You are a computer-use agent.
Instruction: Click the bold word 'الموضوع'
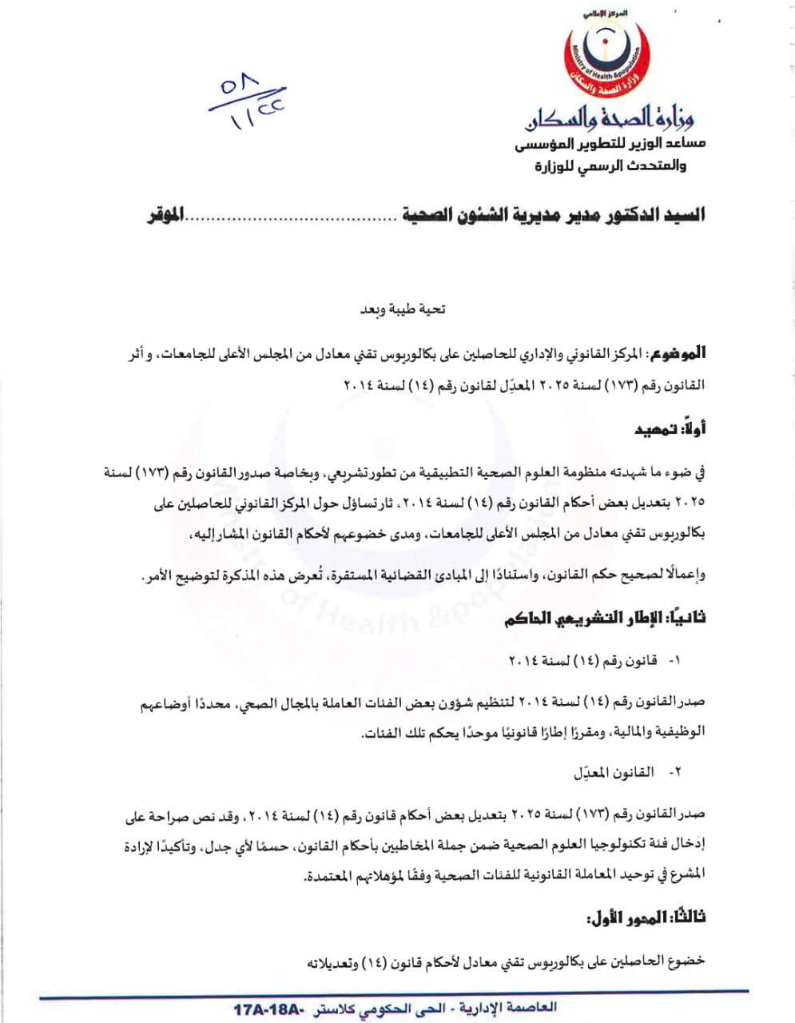[x=676, y=352]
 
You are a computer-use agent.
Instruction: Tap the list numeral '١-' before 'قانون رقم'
[x=674, y=661]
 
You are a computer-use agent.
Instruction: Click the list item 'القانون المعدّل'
[x=614, y=773]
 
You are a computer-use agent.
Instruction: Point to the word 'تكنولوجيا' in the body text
[x=616, y=845]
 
